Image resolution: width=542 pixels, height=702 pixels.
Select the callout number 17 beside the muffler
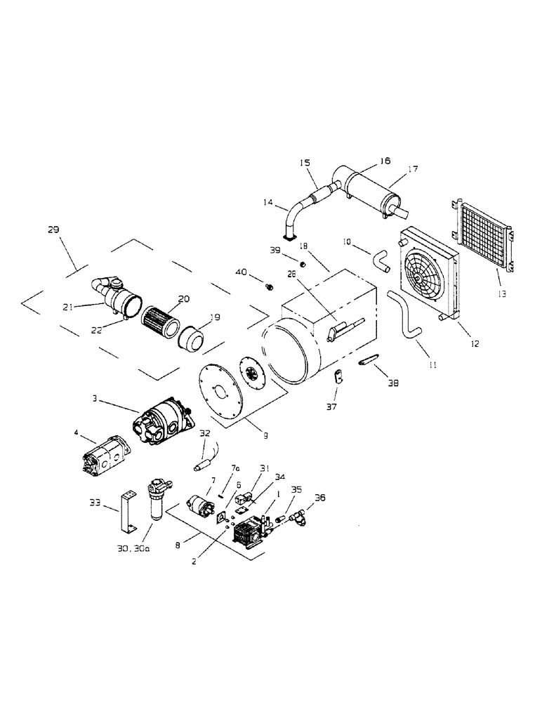pyautogui.click(x=413, y=168)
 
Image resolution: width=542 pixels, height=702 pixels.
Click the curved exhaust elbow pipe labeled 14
pyautogui.click(x=293, y=217)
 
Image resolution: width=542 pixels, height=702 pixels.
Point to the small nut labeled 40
pyautogui.click(x=268, y=286)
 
